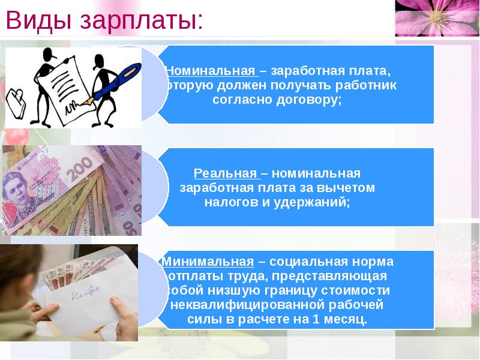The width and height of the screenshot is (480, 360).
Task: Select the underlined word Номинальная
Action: [211, 71]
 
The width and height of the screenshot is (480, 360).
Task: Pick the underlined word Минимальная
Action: [208, 262]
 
